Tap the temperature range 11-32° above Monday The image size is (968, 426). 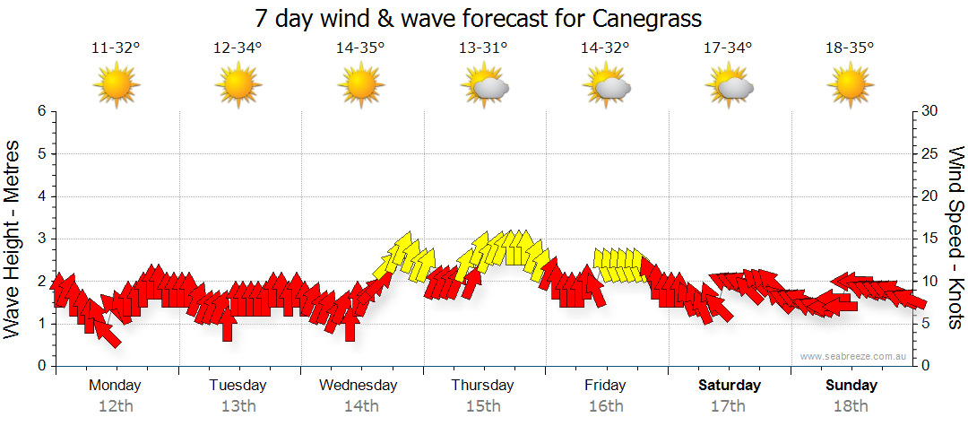116,48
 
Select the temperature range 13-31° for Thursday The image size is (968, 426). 483,48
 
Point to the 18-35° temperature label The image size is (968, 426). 850,48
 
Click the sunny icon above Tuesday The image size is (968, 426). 238,87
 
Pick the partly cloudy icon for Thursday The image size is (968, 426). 484,87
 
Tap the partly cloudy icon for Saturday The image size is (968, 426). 729,87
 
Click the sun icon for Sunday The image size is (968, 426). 851,87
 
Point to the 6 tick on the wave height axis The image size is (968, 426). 41,111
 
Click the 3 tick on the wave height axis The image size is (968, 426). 41,239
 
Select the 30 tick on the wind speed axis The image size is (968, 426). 930,111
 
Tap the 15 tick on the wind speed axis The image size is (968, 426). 930,239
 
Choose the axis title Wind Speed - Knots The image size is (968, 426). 955,238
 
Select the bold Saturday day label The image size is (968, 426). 729,386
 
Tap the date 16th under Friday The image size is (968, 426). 606,406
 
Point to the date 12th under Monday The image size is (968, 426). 116,406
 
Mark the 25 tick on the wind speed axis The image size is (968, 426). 930,153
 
